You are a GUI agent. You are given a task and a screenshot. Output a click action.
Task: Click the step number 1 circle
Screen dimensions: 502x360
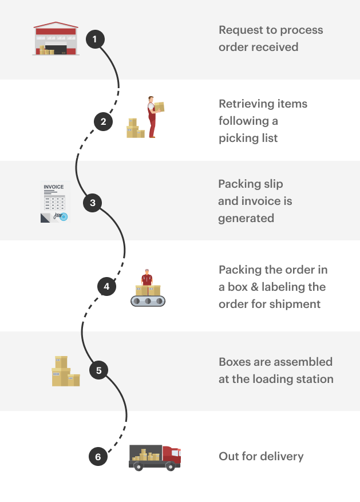95,39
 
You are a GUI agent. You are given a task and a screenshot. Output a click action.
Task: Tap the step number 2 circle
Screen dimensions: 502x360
103,121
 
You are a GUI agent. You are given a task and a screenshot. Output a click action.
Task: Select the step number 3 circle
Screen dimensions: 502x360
93,203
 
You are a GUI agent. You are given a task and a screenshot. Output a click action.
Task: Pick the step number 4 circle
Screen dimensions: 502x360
106,286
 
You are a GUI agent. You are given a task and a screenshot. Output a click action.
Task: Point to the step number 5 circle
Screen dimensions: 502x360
98,370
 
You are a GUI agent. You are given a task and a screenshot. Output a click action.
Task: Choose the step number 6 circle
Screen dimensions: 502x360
98,457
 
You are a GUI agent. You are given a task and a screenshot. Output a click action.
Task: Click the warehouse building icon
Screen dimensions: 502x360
56,39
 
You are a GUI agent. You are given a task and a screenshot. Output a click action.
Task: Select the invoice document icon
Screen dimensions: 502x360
54,202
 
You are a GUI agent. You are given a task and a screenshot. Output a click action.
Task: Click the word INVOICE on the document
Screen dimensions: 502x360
53,187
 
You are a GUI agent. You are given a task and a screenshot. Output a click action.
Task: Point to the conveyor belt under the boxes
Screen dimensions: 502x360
148,301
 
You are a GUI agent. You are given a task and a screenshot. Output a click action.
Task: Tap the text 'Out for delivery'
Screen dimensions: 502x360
261,456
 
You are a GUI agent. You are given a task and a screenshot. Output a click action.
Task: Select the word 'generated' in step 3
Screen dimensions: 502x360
246,218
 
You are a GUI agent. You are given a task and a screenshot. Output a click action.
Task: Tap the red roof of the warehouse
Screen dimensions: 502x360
56,25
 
